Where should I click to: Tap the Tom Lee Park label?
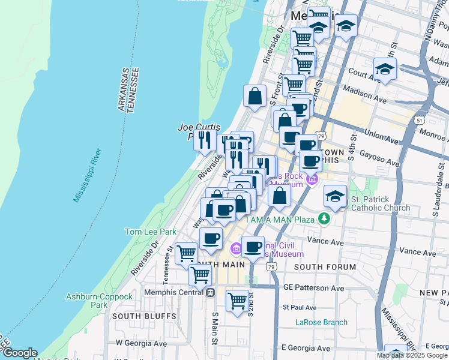150,232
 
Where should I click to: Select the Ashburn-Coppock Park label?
99,301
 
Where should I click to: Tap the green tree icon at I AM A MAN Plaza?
325,218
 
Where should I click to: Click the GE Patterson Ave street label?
312,287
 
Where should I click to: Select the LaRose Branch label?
321,322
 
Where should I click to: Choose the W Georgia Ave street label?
141,343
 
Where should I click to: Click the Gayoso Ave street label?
380,158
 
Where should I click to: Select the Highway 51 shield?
419,120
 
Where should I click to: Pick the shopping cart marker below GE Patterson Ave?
238,299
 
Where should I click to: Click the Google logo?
20,353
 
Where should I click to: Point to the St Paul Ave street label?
299,307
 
